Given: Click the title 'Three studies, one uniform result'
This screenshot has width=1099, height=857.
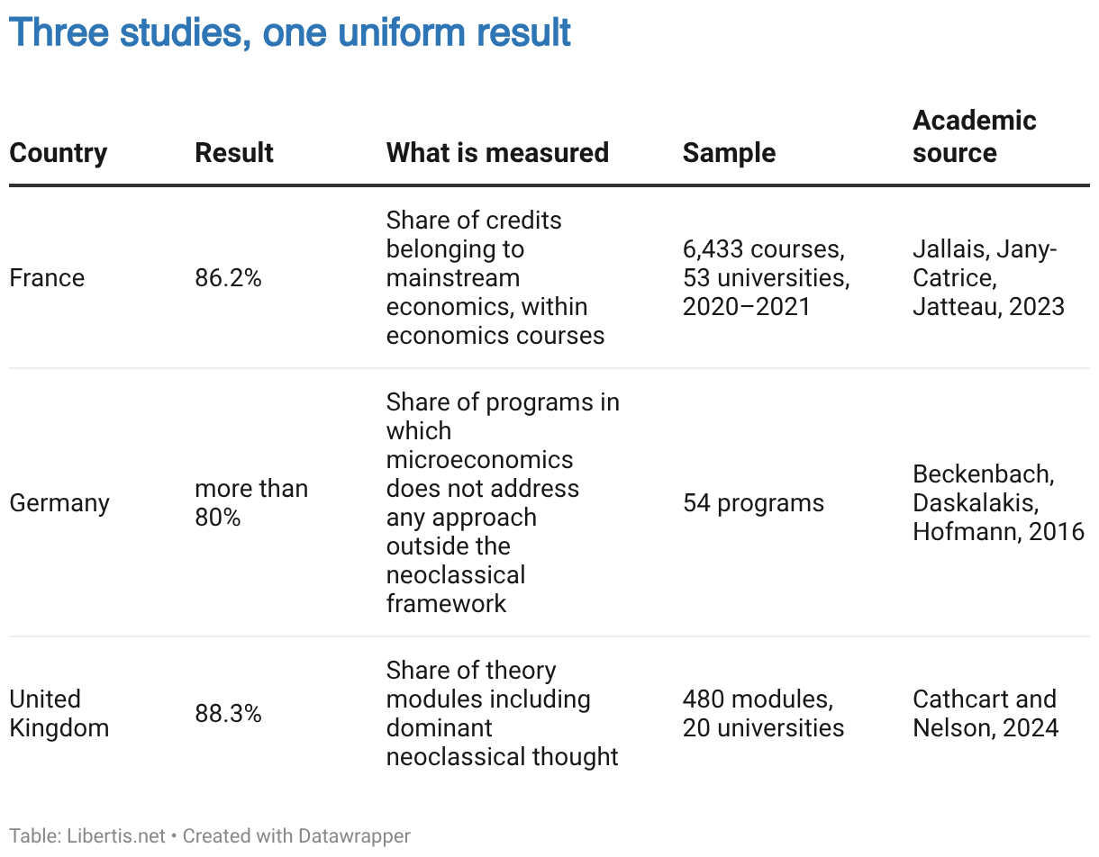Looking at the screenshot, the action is (290, 32).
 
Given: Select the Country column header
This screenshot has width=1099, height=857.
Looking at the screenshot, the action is (59, 153).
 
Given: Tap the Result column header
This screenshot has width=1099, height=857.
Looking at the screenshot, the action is (233, 153).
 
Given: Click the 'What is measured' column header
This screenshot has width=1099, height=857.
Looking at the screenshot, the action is (497, 153).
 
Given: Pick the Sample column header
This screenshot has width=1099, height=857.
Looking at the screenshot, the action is (729, 153).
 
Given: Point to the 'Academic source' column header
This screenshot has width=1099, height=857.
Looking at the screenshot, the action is (974, 137).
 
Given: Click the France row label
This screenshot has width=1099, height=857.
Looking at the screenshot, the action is (47, 278).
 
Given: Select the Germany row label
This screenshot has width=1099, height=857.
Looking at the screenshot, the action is (59, 503).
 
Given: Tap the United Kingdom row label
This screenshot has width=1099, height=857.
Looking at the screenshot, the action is (59, 714).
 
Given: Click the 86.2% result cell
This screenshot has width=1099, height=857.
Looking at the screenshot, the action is (228, 278).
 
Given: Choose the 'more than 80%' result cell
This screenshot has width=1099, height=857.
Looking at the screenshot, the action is (251, 503).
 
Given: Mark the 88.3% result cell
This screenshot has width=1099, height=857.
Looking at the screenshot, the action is (228, 714).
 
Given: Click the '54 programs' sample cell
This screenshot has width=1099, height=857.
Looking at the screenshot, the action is (753, 503).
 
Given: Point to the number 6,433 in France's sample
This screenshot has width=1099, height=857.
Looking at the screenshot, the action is (713, 249).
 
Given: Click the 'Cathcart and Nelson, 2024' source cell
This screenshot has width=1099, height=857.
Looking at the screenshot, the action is (985, 714).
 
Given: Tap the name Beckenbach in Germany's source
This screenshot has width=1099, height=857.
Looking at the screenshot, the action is (983, 474).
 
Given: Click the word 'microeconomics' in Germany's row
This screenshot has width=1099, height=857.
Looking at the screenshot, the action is (479, 460).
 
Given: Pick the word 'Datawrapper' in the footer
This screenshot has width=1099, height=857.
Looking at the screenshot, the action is (354, 836).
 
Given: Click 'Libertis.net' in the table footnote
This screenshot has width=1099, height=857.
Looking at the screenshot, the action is (116, 835).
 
